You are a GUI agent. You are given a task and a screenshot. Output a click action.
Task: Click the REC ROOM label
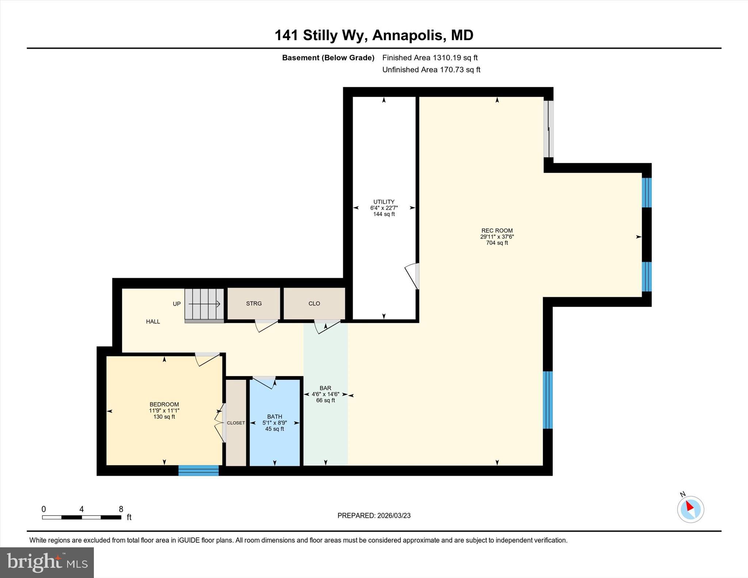[497, 230]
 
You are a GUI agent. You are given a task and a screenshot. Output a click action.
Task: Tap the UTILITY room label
[383, 202]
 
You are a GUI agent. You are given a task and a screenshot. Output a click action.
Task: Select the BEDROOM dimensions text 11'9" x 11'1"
[164, 410]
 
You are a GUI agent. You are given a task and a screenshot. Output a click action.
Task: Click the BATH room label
[274, 416]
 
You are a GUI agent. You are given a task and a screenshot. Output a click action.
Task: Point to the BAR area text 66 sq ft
[325, 401]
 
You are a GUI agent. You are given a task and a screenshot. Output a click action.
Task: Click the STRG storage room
[254, 303]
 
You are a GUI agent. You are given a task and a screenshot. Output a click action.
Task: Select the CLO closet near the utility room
[314, 303]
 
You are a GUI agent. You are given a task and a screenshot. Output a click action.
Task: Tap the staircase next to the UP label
[204, 304]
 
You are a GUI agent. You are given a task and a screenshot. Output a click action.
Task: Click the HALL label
[153, 321]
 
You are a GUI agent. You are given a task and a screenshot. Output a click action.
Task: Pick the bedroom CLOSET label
[236, 423]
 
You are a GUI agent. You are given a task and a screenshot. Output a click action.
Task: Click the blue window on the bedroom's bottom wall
[198, 470]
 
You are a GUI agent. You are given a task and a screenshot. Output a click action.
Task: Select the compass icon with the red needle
[690, 509]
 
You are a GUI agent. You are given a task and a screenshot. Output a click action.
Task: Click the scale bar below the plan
[81, 517]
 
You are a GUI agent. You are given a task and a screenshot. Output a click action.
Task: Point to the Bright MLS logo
[47, 562]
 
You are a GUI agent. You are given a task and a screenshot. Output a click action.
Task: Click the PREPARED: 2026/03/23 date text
[374, 516]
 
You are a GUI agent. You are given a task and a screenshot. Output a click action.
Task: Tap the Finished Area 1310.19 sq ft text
[430, 58]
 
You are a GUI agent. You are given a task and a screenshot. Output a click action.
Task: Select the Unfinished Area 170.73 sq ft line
[431, 70]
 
